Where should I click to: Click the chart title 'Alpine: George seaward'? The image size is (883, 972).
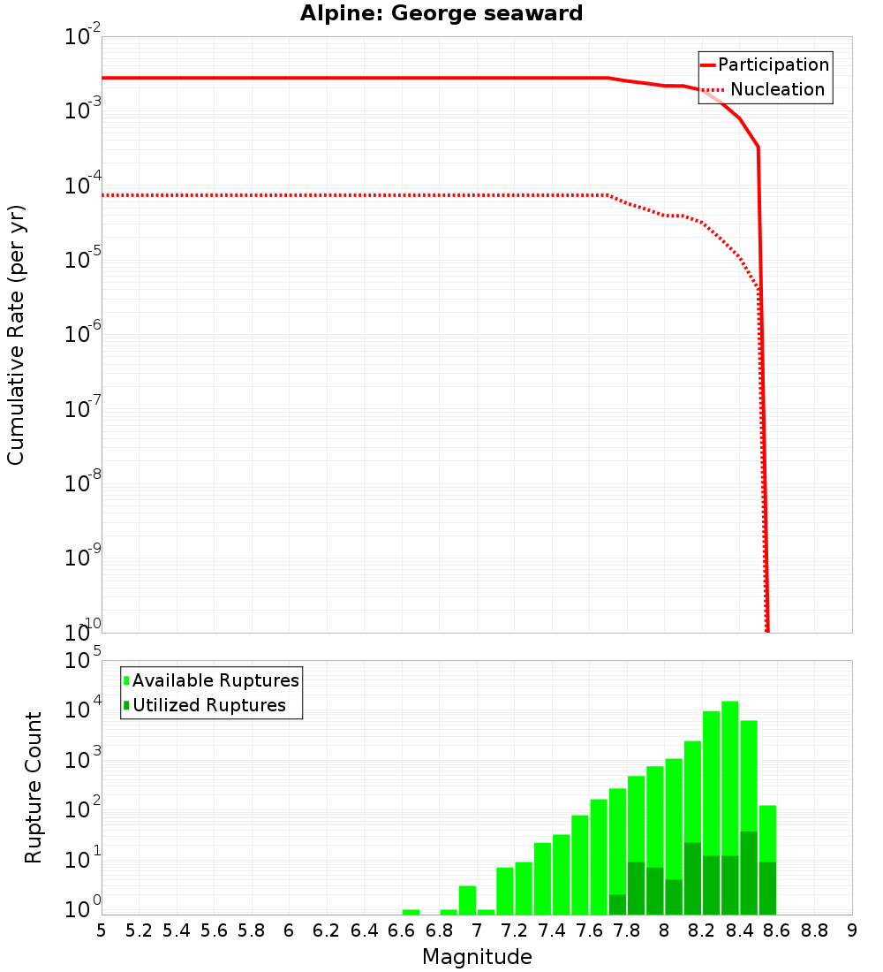[441, 14]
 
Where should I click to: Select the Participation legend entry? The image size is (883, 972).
[773, 65]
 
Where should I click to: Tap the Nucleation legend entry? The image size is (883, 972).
[777, 89]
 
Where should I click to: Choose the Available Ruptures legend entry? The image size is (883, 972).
[215, 680]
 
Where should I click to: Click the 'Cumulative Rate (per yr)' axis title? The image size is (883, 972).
[16, 335]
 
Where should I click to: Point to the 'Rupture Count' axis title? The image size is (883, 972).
[34, 787]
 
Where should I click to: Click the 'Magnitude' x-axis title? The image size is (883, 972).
[477, 957]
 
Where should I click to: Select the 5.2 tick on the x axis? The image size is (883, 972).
[140, 930]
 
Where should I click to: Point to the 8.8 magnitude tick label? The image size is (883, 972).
[815, 930]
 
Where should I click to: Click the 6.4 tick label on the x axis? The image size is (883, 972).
[365, 930]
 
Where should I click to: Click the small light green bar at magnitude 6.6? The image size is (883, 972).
[411, 912]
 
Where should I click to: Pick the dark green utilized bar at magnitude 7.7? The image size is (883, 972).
[617, 905]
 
